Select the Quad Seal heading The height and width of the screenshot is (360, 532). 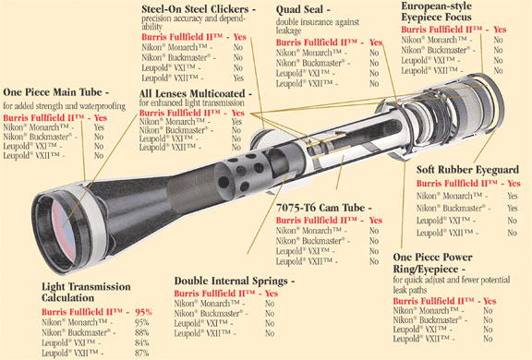point(303,9)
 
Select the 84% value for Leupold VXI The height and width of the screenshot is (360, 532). point(141,342)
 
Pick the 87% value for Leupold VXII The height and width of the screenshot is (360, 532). point(141,353)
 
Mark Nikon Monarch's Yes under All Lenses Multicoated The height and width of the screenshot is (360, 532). point(237,122)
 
